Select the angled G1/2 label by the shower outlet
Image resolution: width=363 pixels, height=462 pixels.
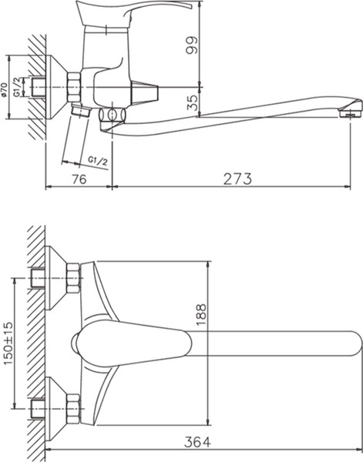point(96,159)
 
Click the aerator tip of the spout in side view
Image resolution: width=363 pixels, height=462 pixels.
point(353,112)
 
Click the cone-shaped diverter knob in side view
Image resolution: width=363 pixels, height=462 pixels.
point(145,92)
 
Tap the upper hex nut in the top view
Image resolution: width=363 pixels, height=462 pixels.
point(73,277)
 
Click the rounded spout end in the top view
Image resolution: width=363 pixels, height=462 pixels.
point(351,342)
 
